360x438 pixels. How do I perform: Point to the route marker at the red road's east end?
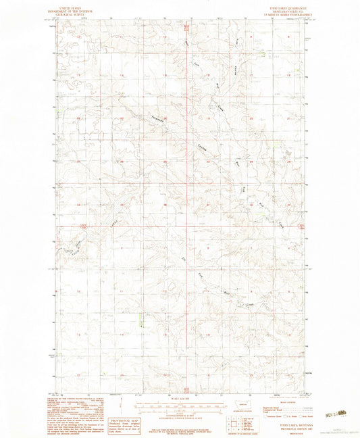(x=302, y=226)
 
